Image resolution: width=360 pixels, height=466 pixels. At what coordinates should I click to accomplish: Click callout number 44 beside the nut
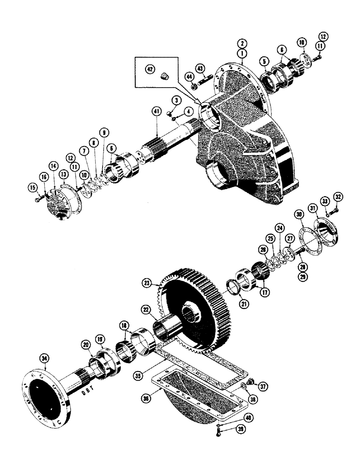pos(191,76)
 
